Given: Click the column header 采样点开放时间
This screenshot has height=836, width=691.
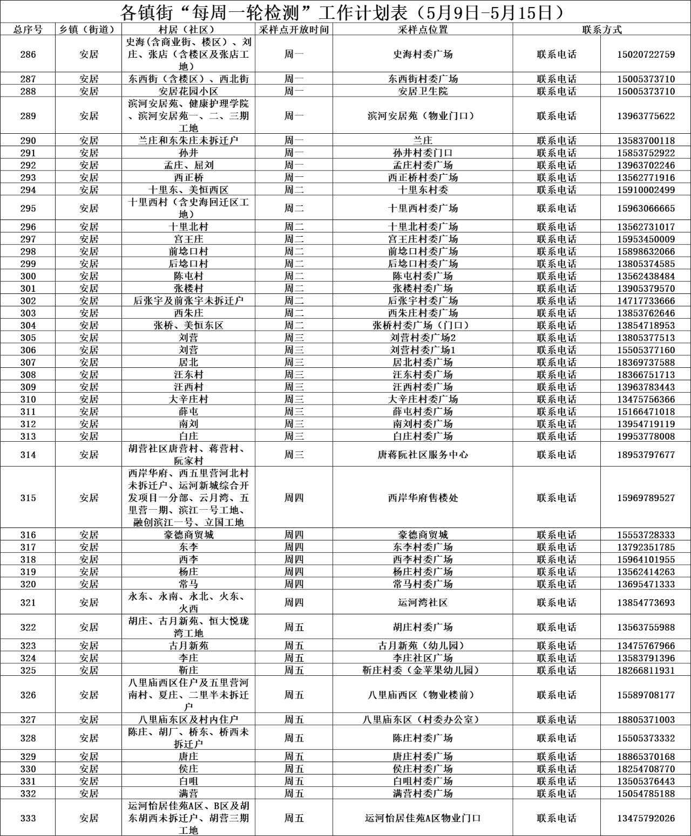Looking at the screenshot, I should click(x=294, y=30).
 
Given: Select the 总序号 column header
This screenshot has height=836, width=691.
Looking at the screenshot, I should click(x=28, y=30).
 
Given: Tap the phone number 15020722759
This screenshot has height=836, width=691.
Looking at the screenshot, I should click(x=646, y=54).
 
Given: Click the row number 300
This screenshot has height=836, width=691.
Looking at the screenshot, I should click(x=28, y=276).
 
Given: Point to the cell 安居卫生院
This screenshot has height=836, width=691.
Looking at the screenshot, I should click(x=423, y=91).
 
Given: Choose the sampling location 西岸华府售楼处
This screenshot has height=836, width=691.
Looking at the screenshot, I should click(x=423, y=498).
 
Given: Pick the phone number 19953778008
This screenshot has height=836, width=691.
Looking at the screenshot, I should click(x=646, y=436).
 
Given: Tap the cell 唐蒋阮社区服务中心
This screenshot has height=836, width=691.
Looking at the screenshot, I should click(x=423, y=455).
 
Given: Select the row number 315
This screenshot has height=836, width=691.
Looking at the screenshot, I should click(x=28, y=498).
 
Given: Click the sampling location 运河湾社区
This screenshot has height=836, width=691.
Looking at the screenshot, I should click(x=423, y=602).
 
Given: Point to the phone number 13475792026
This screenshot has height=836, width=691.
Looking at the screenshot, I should click(x=646, y=818).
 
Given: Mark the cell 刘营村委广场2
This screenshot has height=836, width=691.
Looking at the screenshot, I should click(x=423, y=338).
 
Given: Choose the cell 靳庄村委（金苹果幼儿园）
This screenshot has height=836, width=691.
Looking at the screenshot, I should click(x=423, y=670).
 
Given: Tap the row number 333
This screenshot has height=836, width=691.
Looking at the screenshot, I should click(x=28, y=818).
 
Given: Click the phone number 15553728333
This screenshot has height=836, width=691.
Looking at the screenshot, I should click(x=646, y=535).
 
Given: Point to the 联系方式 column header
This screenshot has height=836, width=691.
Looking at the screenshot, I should click(x=601, y=30).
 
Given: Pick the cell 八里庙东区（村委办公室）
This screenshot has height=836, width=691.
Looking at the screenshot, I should click(x=423, y=719).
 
